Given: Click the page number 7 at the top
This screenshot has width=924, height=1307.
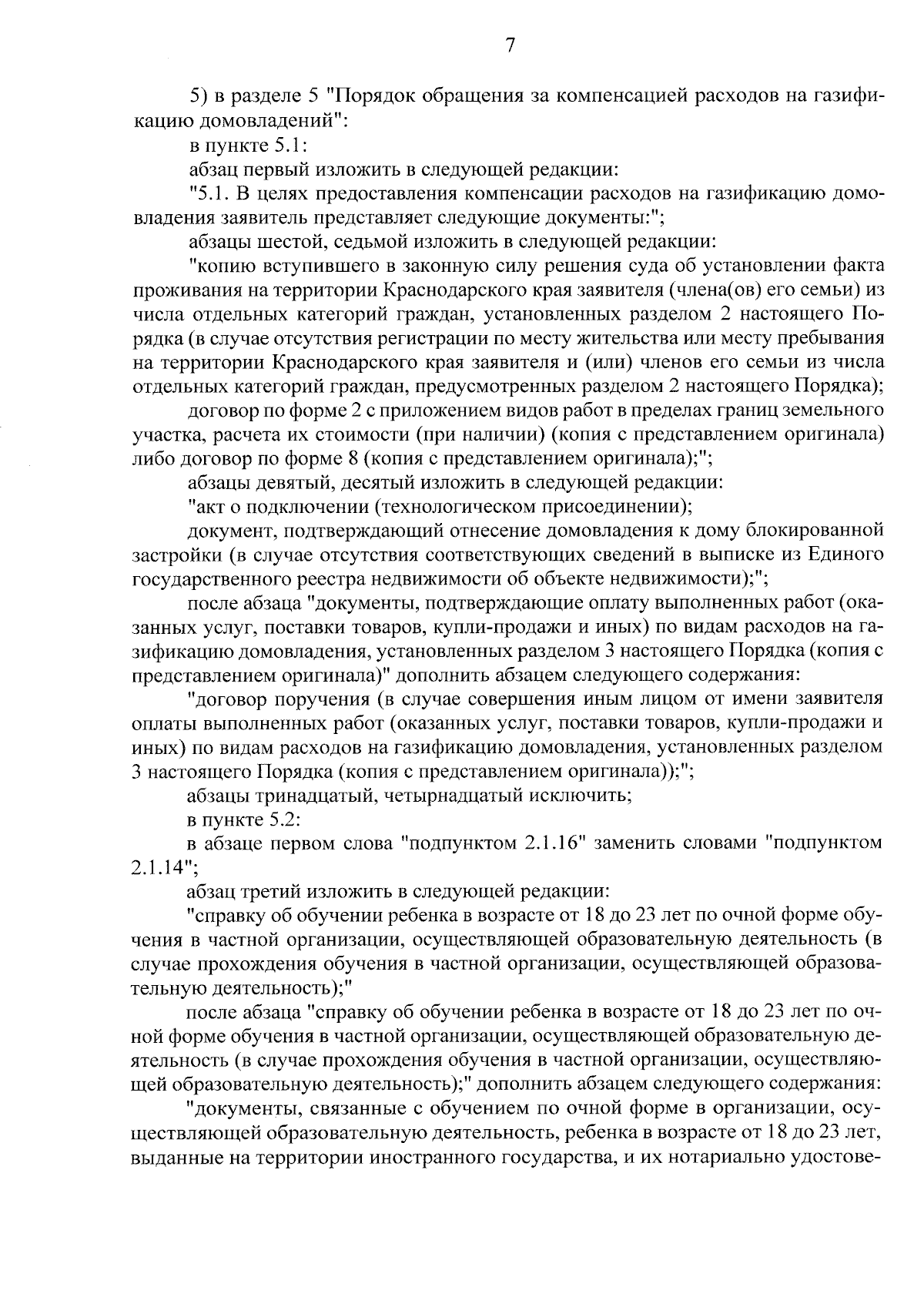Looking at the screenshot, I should (510, 46).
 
